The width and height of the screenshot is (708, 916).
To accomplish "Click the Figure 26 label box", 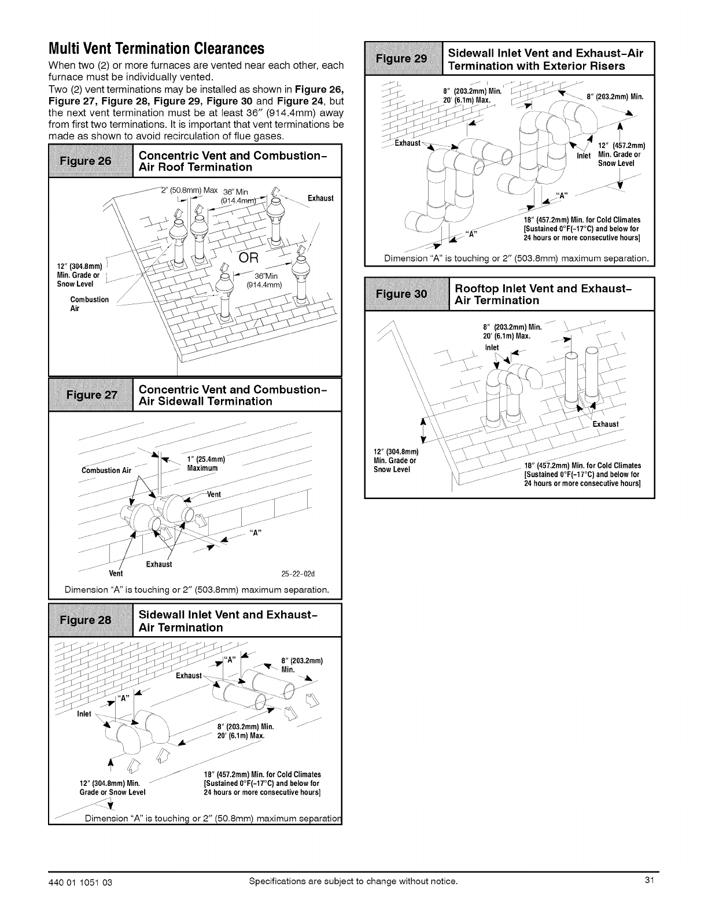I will pos(91,161).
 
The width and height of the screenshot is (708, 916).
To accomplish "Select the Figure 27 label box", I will pos(91,395).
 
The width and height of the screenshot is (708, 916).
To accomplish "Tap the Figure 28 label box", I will pos(91,620).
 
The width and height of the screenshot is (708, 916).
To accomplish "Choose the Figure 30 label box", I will pos(407,294).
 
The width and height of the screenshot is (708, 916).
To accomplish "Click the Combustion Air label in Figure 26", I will pos(89,304).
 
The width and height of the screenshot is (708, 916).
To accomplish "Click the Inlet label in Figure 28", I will pos(84,714).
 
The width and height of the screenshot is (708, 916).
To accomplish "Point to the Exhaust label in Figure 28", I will pos(189,675).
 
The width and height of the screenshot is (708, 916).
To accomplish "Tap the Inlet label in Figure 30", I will pos(492,348).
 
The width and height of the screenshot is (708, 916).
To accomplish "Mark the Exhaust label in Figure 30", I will pos(606,424).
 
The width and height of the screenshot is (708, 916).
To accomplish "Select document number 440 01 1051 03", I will pos(84,881).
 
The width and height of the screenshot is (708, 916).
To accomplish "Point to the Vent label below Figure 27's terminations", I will pos(116,574).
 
